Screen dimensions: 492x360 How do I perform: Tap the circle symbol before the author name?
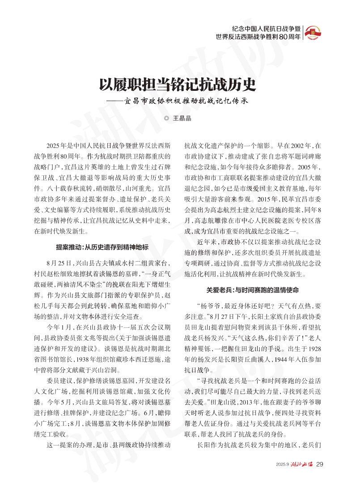tap(167, 119)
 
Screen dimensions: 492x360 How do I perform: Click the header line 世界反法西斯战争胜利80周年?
tap(258, 37)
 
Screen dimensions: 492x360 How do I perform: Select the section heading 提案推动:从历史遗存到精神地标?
tap(102, 246)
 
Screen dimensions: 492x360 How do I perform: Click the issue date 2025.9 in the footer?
tap(283, 464)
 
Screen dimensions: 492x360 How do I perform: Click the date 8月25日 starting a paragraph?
tap(56, 262)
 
